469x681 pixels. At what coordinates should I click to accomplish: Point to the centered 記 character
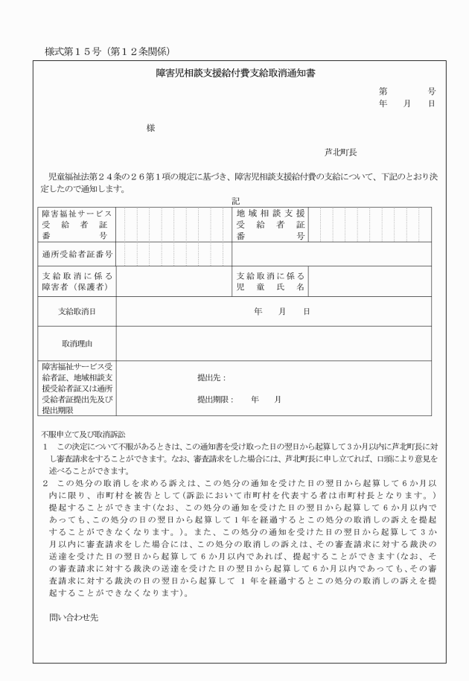pos(235,201)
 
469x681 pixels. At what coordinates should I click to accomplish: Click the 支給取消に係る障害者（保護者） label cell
pos(77,282)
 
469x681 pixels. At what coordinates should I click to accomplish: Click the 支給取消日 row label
pos(77,311)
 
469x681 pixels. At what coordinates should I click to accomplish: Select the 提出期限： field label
pos(214,400)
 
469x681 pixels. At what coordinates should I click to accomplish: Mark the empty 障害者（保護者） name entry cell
pos(173,282)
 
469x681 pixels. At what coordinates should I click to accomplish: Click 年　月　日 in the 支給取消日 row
pos(281,311)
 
